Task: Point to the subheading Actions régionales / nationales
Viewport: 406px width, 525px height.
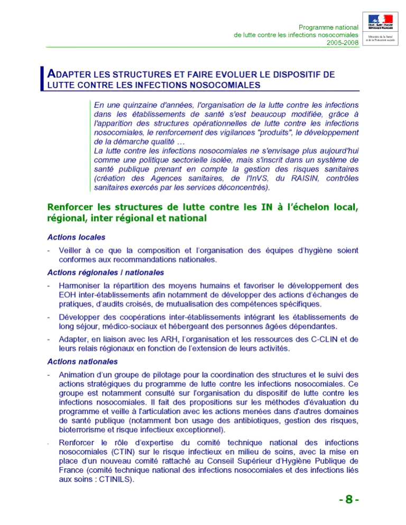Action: pos(106,272)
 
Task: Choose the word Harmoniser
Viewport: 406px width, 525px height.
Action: pos(84,285)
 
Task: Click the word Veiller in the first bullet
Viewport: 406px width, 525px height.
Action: pos(73,250)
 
